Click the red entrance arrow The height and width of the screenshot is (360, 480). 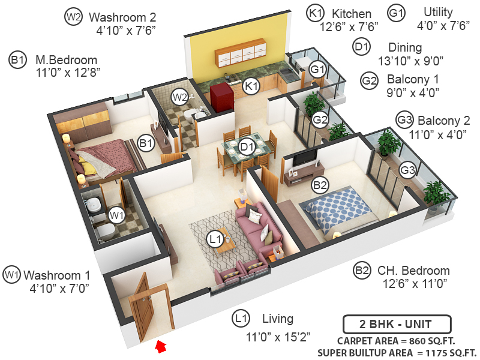[x=160, y=346]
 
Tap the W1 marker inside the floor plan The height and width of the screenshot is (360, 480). [x=116, y=213]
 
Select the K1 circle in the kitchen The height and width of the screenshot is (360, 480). [x=251, y=87]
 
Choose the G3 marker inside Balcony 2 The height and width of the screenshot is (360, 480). [x=407, y=170]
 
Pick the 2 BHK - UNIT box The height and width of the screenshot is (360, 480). [x=396, y=325]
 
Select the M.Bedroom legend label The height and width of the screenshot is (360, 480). [x=66, y=60]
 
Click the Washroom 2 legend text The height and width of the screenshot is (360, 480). [x=122, y=17]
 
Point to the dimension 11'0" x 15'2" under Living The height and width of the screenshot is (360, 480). [x=277, y=337]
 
